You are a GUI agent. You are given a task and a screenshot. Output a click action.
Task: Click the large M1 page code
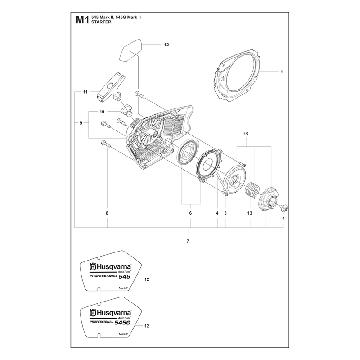click(82, 20)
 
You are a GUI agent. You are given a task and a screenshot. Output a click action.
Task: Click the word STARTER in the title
click(101, 22)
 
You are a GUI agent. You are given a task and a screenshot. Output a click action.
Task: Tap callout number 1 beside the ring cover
click(282, 72)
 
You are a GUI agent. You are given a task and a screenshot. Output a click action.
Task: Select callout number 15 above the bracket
click(246, 134)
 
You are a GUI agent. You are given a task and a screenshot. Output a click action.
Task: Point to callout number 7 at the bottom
click(188, 241)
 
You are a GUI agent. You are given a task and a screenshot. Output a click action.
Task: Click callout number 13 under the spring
click(250, 213)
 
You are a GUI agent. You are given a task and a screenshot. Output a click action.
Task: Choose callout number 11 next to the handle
click(85, 92)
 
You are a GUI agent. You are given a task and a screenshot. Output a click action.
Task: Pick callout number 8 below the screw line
click(107, 213)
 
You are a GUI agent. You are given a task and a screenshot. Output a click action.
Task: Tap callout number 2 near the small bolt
click(283, 219)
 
